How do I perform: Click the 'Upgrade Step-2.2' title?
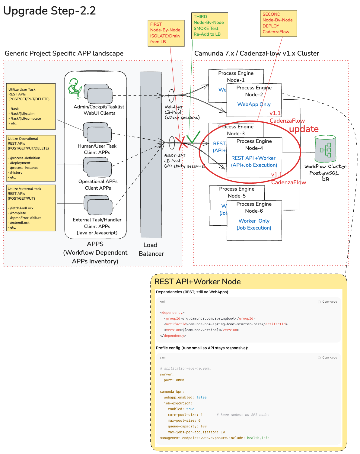tap(49, 11)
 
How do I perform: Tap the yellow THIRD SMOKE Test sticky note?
tap(209, 26)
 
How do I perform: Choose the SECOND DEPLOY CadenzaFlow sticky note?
tap(278, 23)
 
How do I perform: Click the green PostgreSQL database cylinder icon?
tap(325, 149)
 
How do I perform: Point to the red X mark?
tap(182, 143)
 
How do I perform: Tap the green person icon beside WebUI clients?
tap(74, 88)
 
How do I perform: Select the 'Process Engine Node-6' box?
tap(254, 220)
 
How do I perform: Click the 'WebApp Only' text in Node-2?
tap(254, 104)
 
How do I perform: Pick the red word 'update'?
tap(304, 129)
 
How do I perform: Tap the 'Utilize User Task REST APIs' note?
tap(31, 106)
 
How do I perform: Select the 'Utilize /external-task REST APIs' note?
tap(31, 208)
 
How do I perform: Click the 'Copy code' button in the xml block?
tap(327, 301)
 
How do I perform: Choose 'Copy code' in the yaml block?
tap(327, 357)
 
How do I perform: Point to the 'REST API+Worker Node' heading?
tap(197, 282)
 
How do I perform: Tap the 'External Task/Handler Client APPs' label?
tap(97, 223)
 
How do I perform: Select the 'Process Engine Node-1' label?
tap(236, 76)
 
